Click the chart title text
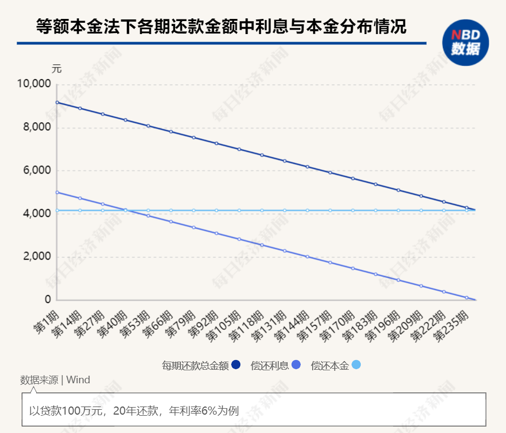point(221,27)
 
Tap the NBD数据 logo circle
point(465,43)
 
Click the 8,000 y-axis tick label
point(36,128)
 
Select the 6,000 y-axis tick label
point(36,171)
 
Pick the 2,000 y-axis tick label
point(36,257)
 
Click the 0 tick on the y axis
point(48,299)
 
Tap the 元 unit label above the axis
point(57,69)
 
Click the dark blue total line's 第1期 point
point(57,102)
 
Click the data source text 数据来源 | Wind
point(55,380)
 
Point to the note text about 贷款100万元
point(134,410)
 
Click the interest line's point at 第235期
point(467,297)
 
